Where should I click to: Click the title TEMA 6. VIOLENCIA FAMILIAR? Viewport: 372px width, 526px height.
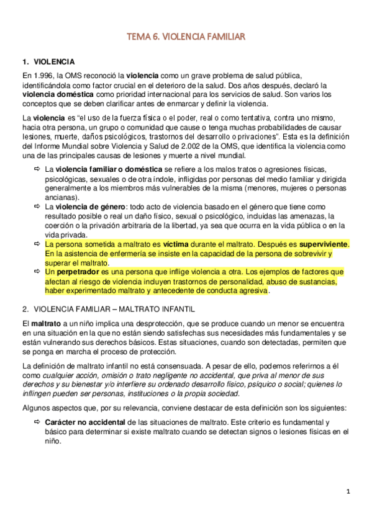coord(186,37)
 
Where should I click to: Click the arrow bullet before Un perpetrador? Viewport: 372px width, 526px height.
coord(36,272)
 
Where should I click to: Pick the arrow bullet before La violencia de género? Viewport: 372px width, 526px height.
coord(36,206)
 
